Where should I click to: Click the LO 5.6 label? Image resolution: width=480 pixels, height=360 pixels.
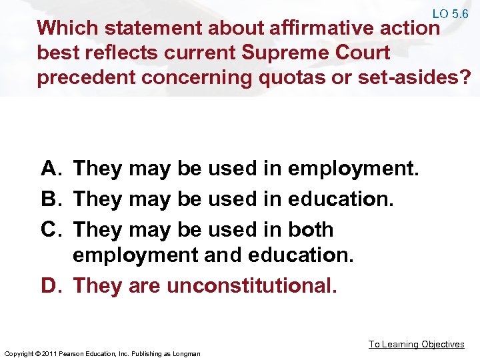450,13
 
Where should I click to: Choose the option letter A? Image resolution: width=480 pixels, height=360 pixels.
51,169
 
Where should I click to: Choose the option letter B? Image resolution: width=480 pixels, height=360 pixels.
51,199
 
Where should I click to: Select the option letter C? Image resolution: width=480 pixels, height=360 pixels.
51,229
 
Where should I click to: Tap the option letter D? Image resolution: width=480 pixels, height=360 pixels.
51,285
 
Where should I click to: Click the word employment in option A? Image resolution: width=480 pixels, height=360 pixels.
352,169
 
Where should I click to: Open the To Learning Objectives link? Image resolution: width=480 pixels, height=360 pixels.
417,344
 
